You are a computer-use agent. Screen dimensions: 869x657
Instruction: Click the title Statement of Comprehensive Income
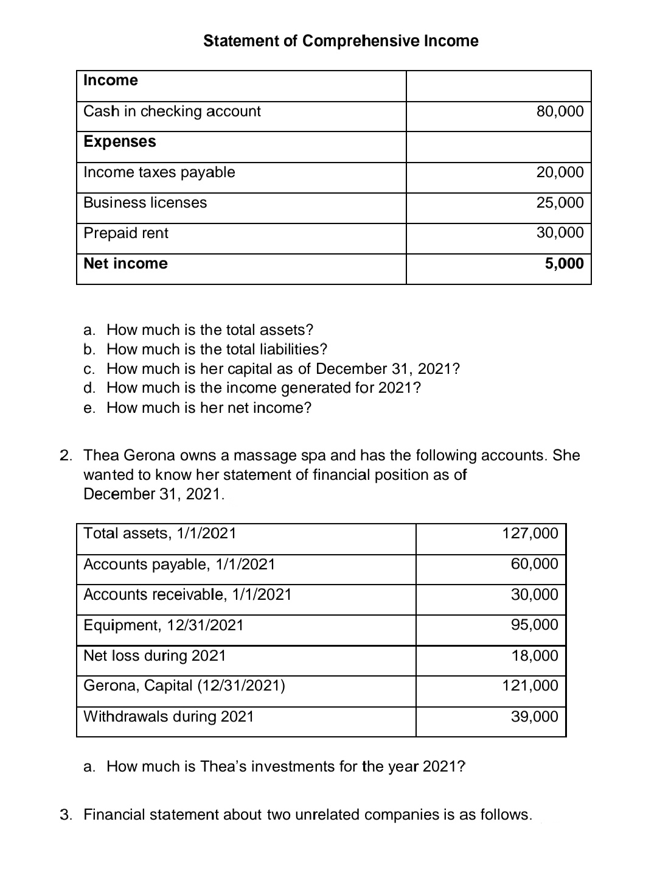point(341,41)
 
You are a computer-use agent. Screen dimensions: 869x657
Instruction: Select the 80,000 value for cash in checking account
point(560,111)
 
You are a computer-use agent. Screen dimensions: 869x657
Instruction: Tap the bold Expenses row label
point(120,142)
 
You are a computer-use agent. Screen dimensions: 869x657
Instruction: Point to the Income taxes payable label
point(159,172)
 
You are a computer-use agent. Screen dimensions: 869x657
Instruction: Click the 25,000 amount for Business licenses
point(560,203)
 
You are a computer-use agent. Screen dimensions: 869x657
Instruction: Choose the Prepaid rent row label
point(126,233)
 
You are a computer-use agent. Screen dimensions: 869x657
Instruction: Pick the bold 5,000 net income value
point(564,264)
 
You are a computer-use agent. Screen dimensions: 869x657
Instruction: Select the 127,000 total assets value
point(530,533)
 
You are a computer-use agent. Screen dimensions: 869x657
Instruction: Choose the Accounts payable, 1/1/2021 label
point(179,565)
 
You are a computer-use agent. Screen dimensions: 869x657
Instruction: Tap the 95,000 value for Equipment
point(534,625)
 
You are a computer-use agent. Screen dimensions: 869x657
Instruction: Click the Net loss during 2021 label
point(155,656)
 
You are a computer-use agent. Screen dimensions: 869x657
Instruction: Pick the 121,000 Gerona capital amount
point(530,686)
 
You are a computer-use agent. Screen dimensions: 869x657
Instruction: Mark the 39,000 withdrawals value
point(534,717)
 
